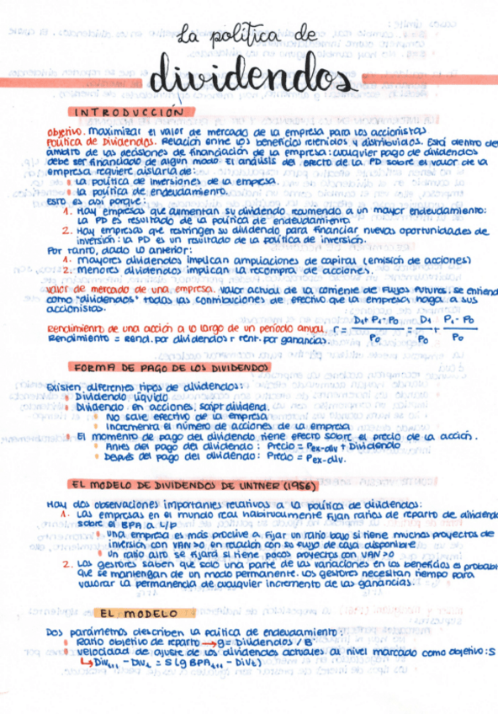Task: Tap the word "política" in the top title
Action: pyautogui.click(x=250, y=35)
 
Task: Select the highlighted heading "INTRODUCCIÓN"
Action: pyautogui.click(x=131, y=111)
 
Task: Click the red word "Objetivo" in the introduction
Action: pyautogui.click(x=65, y=133)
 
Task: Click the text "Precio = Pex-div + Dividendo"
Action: pyautogui.click(x=298, y=446)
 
